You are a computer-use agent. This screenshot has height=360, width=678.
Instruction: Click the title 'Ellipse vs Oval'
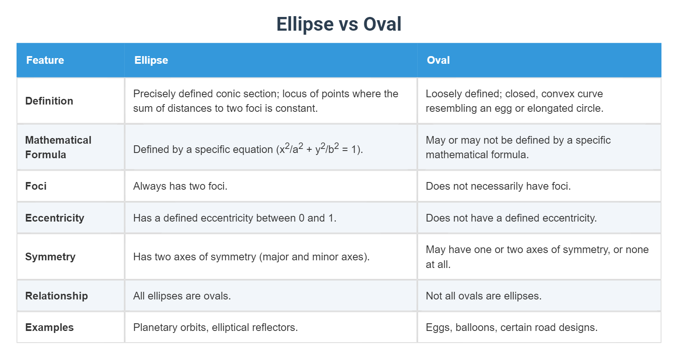click(339, 24)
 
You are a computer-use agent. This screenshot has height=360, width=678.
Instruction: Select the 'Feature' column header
click(45, 60)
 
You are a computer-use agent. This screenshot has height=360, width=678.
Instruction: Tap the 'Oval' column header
click(438, 60)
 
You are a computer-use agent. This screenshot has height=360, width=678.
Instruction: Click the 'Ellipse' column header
click(151, 60)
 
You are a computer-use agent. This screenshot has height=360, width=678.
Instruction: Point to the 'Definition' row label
click(49, 101)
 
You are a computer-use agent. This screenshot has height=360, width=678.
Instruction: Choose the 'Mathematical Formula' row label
click(58, 147)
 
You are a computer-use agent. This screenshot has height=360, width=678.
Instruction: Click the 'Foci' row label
click(36, 186)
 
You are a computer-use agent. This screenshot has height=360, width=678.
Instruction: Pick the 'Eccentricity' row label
click(54, 218)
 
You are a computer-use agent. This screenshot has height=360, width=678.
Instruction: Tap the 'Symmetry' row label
click(50, 257)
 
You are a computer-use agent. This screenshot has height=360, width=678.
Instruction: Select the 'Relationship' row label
click(56, 296)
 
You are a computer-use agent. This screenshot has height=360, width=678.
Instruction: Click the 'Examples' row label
click(49, 327)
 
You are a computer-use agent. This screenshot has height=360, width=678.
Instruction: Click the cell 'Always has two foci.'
click(180, 186)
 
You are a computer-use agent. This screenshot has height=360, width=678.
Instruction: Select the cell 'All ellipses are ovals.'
click(182, 296)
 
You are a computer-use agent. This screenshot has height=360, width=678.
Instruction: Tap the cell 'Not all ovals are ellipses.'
click(483, 296)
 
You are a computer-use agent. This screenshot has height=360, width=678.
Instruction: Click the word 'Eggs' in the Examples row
click(437, 327)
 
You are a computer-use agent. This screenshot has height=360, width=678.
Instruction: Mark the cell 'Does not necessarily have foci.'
click(498, 186)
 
